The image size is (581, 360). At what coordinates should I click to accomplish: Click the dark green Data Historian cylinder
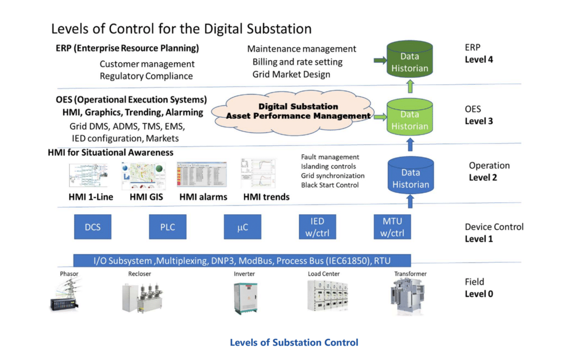410,60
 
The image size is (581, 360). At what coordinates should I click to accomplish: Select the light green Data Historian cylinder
410,119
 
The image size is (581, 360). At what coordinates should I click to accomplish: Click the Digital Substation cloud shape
298,111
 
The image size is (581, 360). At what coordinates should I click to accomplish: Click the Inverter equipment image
244,296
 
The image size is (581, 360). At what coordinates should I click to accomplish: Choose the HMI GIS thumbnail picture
143,176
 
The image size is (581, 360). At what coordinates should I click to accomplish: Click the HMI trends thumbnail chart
259,175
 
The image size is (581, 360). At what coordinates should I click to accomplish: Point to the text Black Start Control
330,185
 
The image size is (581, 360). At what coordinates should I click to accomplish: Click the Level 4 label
478,60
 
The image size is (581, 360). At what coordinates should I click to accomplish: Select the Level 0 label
479,294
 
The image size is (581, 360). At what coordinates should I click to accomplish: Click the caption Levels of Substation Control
294,343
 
